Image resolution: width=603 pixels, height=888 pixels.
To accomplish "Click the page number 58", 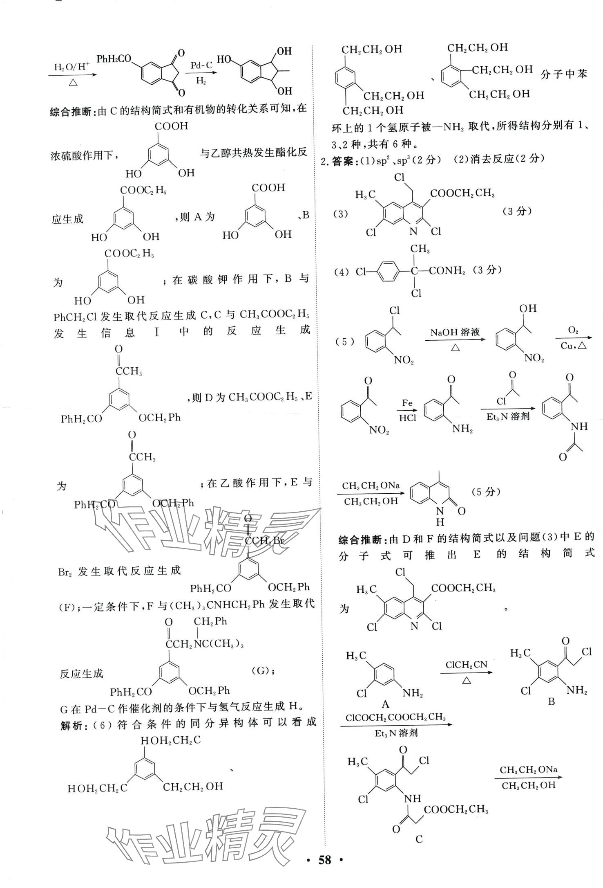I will pos(325,871).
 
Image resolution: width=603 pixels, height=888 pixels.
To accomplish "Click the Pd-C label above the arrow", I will pos(201,65).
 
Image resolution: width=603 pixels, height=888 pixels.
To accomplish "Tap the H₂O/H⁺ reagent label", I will pos(72,67).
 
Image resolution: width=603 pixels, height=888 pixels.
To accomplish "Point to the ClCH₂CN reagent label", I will pos(466,665).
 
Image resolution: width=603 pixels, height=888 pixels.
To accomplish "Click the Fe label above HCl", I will pos(407,403).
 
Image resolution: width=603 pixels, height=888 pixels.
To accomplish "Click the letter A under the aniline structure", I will pos(384,704).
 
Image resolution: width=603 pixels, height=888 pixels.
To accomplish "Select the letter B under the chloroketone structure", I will pos(551,701).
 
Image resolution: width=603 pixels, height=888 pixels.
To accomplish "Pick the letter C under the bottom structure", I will pos(419,839).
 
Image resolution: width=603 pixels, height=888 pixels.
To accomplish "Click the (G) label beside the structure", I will pos(261,670).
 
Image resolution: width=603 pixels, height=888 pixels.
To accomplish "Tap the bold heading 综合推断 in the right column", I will pos(362,540).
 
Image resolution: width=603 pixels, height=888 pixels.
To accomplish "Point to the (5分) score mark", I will pos(486,492).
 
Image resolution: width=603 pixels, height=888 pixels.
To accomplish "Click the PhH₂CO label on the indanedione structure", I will pos(114,59).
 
